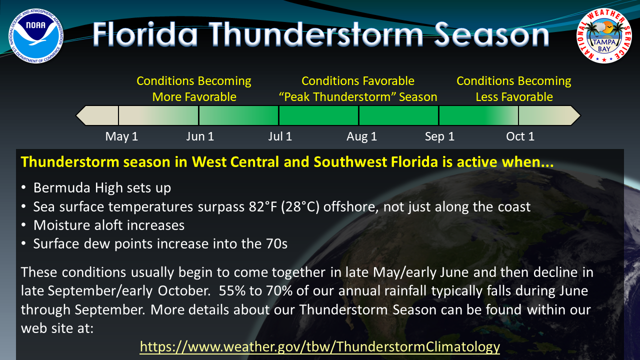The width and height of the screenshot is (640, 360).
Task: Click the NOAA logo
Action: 36,36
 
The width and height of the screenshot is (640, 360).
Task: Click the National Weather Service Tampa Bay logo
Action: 604,36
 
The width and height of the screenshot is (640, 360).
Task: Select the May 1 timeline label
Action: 121,136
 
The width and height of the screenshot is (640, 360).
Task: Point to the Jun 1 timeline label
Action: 200,136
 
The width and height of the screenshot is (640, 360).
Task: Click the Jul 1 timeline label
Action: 280,136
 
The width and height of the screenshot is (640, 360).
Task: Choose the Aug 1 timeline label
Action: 361,137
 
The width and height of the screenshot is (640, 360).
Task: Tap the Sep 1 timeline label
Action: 439,137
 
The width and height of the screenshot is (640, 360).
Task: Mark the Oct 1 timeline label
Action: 520,136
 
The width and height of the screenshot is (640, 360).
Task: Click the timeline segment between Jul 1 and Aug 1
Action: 318,115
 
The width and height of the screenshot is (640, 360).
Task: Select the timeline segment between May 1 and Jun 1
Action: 158,115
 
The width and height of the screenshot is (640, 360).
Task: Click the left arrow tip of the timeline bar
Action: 76,115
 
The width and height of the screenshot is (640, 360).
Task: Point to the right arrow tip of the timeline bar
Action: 580,115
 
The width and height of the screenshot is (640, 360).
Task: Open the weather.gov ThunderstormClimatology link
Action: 319,347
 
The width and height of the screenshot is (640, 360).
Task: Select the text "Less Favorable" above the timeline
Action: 514,97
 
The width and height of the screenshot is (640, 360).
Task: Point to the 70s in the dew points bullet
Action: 276,244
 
